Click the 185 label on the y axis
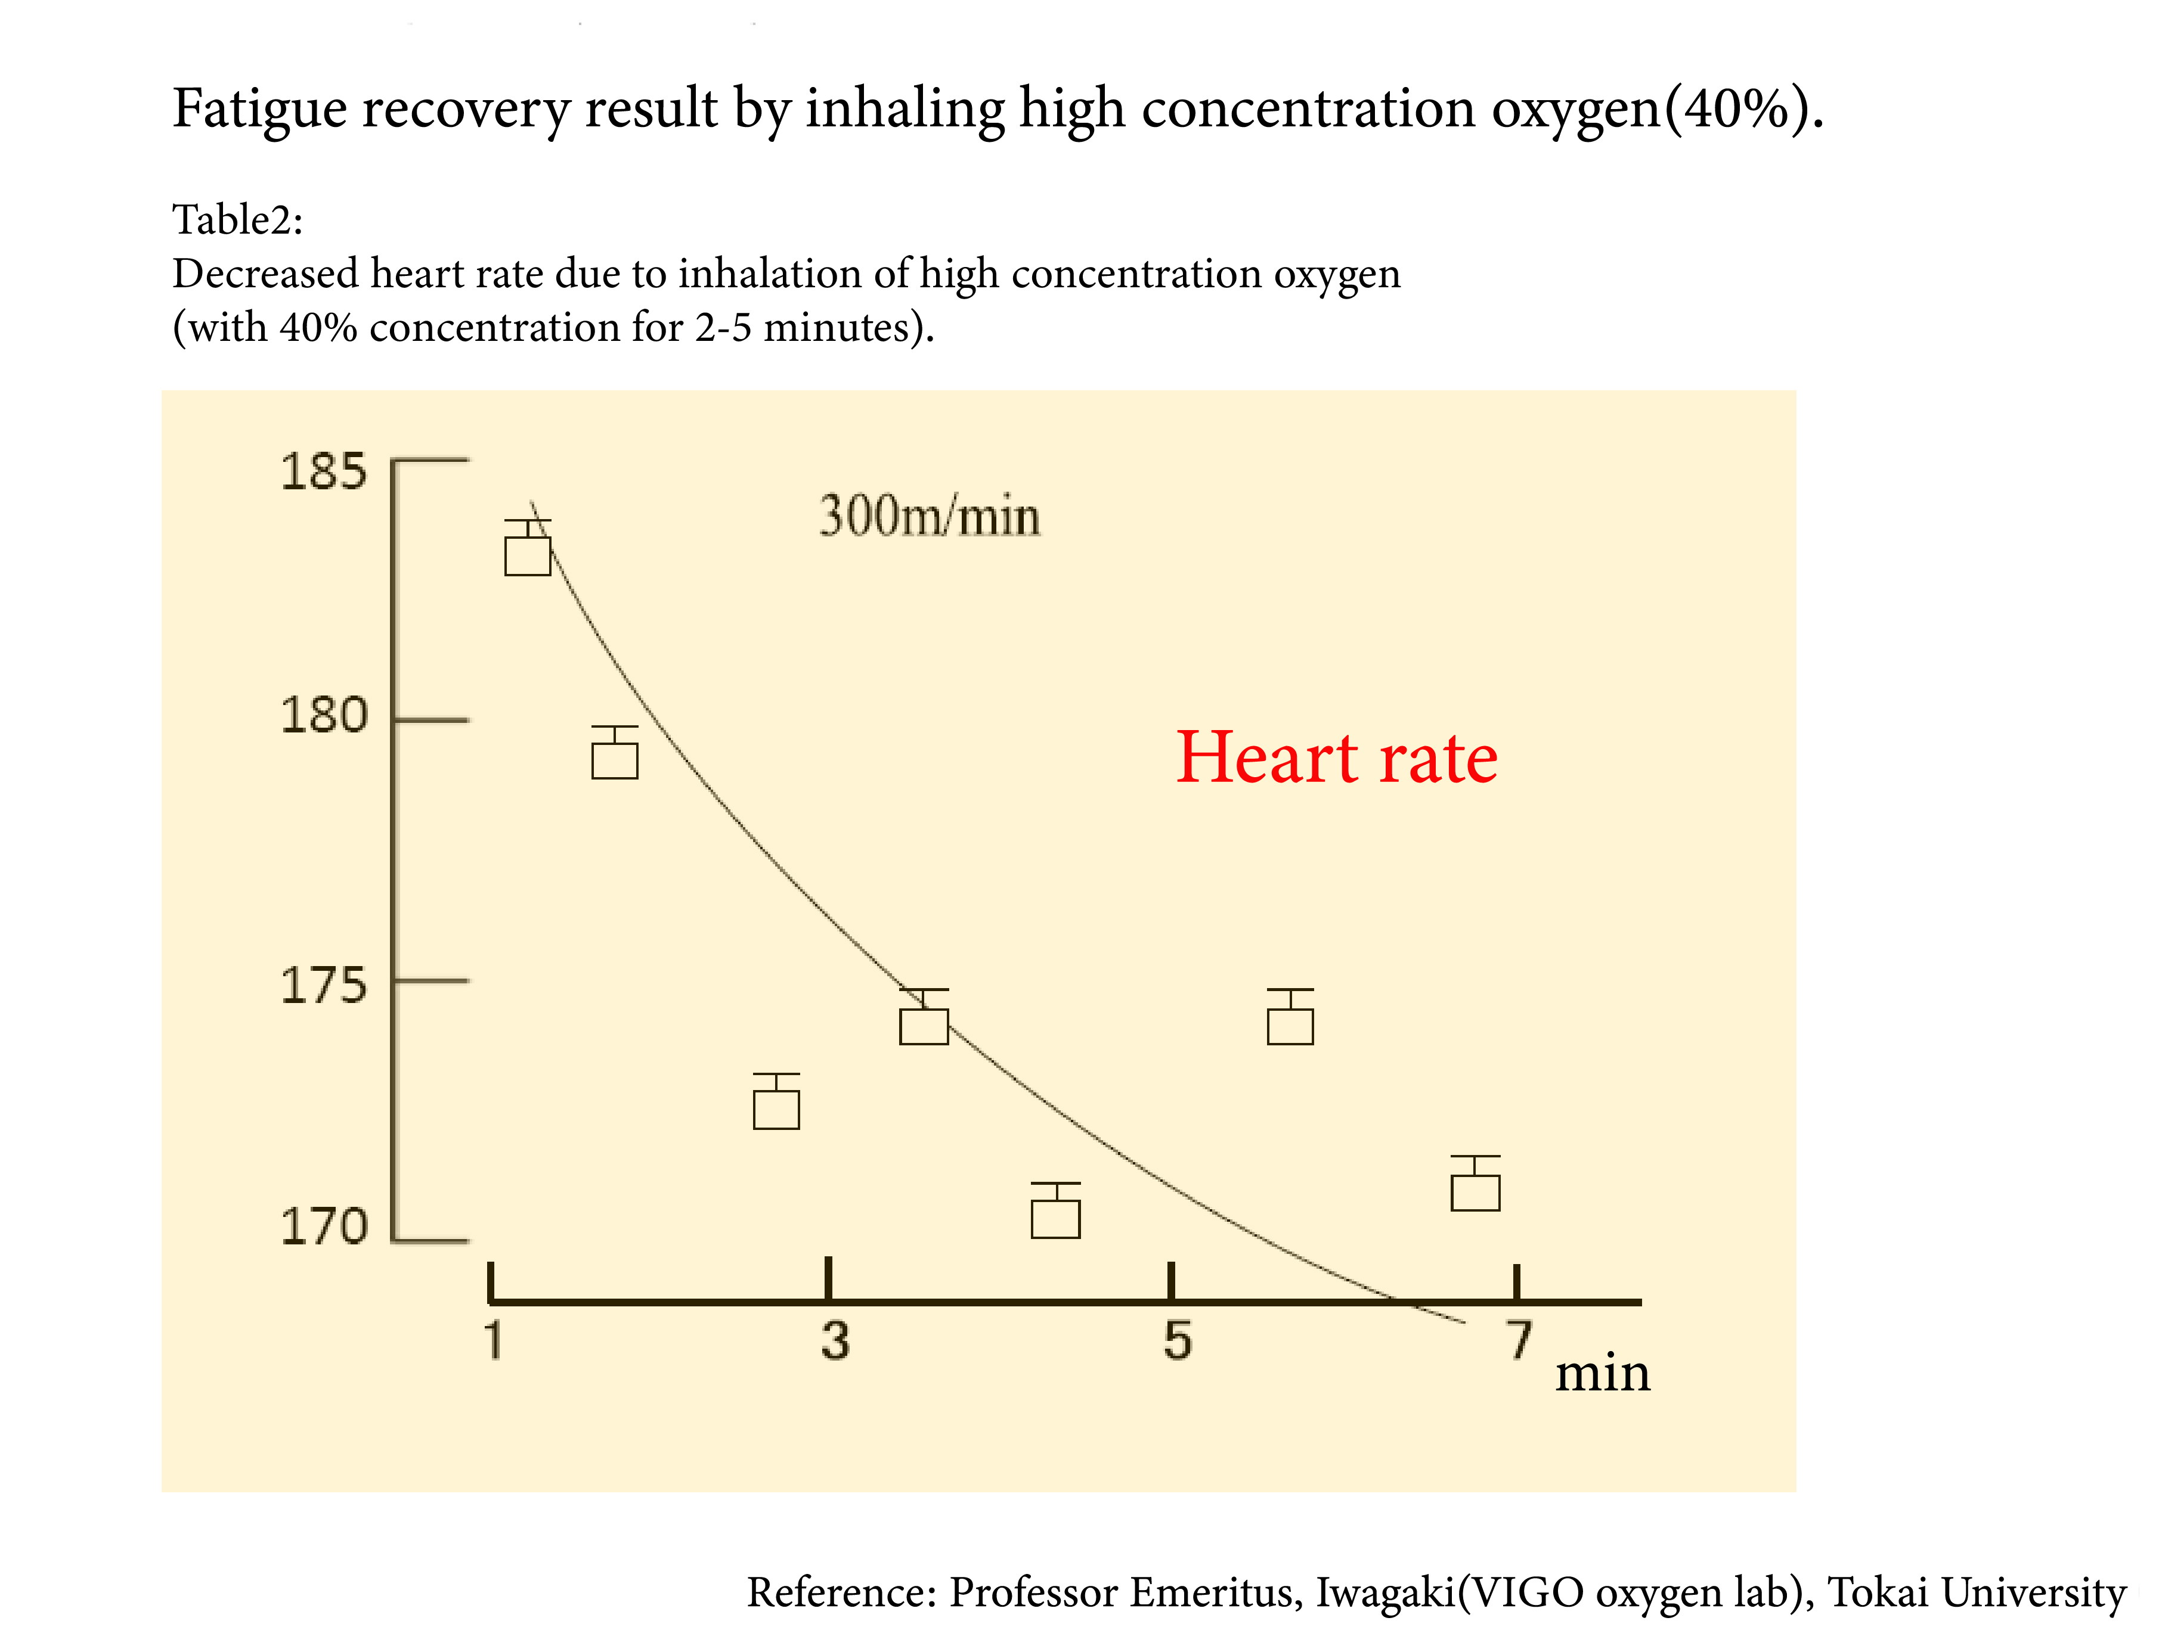324,472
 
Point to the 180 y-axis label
324,716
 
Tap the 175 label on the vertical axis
324,986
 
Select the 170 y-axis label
324,1227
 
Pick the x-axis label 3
835,1341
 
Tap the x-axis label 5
1177,1341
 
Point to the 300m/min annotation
928,516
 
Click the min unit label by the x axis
1602,1373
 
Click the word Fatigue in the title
260,110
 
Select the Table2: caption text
237,220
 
